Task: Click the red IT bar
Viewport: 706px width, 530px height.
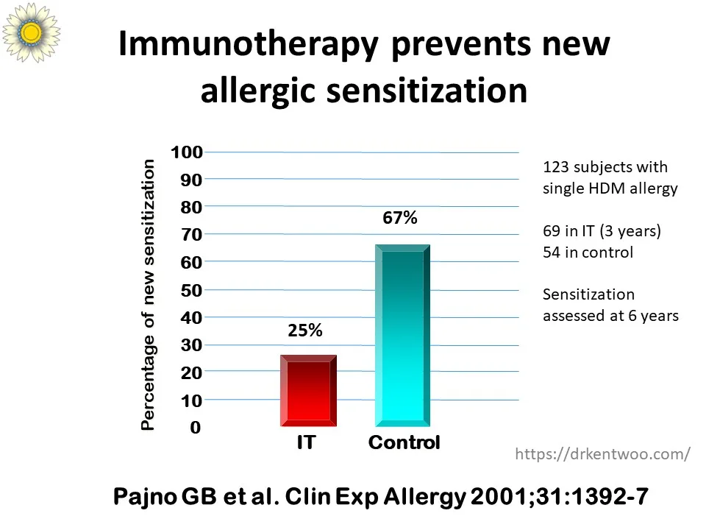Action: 308,390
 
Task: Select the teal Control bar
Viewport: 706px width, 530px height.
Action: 402,336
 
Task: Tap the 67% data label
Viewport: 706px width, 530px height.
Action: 400,218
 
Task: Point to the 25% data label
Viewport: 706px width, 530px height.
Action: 304,331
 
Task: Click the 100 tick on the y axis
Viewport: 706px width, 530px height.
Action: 186,152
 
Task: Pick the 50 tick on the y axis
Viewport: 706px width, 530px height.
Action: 191,290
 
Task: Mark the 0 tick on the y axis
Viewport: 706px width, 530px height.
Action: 195,427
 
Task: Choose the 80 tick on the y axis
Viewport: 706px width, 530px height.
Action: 191,208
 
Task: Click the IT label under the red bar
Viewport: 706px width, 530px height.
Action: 306,442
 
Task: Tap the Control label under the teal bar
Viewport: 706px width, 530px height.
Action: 404,442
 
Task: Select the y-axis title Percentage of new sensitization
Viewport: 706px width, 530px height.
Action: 148,294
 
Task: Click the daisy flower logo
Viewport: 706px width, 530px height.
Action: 31,32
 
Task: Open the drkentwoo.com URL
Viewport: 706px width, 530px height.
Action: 602,454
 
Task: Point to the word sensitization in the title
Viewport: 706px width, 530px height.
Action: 427,90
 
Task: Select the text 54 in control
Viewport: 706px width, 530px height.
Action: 588,252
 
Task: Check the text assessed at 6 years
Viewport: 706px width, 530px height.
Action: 610,316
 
